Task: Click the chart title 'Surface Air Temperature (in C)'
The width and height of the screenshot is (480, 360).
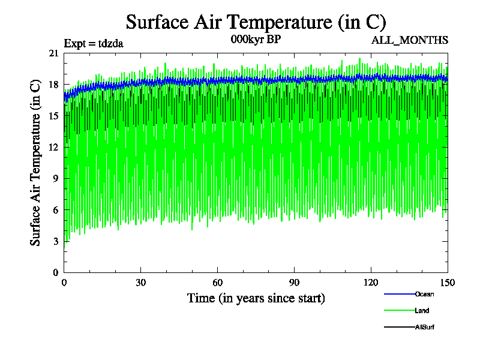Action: click(256, 22)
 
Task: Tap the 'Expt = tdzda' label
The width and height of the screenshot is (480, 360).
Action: click(94, 43)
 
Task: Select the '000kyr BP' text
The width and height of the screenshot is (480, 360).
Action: click(256, 40)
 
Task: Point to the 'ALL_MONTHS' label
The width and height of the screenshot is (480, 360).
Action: click(410, 40)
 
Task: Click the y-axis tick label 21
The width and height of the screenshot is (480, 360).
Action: click(53, 53)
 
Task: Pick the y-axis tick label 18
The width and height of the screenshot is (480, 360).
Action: click(53, 85)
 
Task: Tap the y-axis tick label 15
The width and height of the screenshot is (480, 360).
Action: click(53, 116)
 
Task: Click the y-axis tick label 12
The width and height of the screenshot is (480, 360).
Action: click(53, 147)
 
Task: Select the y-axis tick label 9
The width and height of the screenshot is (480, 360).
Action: click(55, 178)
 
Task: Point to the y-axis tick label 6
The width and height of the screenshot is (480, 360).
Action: click(55, 210)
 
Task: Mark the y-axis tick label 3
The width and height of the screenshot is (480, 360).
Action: click(55, 241)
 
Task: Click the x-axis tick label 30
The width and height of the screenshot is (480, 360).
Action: click(141, 283)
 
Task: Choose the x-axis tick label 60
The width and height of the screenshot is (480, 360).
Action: click(218, 283)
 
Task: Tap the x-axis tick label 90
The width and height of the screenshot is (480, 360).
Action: click(295, 283)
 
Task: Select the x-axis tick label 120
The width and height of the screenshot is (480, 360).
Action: click(371, 283)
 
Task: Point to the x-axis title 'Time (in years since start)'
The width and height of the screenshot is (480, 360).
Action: click(256, 298)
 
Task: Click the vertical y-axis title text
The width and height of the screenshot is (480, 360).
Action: click(36, 163)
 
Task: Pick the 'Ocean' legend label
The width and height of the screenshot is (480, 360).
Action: click(424, 294)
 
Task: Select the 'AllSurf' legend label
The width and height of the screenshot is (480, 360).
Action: click(425, 327)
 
